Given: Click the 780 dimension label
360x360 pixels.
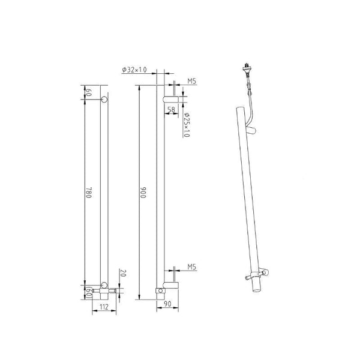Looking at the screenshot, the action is (x=89, y=193).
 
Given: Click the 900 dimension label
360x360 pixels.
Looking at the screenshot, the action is (x=143, y=193).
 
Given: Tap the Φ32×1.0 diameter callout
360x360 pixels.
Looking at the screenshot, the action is (x=134, y=70).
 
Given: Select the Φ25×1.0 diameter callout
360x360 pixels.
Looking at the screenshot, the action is (x=187, y=124).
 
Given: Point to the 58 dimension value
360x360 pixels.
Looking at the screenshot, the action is (x=171, y=110).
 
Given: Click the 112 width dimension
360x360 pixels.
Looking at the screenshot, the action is (x=104, y=307).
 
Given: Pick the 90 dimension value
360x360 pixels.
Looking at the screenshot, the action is (x=167, y=304).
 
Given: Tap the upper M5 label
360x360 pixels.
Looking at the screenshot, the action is (x=192, y=81).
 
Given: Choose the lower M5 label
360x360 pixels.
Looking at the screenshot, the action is (x=192, y=267).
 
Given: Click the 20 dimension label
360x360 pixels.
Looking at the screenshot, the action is (x=123, y=274).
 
